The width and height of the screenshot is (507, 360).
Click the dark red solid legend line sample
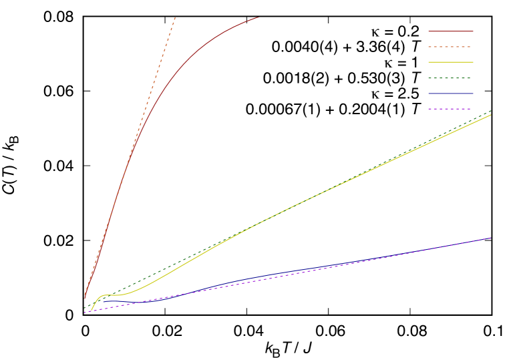451,31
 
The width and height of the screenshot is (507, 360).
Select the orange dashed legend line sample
451,47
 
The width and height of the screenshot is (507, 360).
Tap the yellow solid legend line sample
451,62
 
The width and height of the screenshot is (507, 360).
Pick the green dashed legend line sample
451,78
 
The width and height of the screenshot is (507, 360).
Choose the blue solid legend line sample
451,94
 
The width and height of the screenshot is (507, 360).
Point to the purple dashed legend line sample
451,109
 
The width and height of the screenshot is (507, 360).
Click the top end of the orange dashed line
175,17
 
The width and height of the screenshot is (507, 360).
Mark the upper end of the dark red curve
258,17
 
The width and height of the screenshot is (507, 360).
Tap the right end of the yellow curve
491,115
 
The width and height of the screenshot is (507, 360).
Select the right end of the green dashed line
491,111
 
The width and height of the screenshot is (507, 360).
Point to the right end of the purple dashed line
491,238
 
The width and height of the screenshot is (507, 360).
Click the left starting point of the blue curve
102,302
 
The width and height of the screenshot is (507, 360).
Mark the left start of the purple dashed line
84,313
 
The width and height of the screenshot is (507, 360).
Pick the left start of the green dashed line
84,309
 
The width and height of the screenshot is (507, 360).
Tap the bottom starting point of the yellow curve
92,311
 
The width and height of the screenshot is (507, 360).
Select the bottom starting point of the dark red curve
84,299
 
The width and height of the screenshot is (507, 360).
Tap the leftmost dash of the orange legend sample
431,47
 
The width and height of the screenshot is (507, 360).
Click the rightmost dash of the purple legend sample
468,109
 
